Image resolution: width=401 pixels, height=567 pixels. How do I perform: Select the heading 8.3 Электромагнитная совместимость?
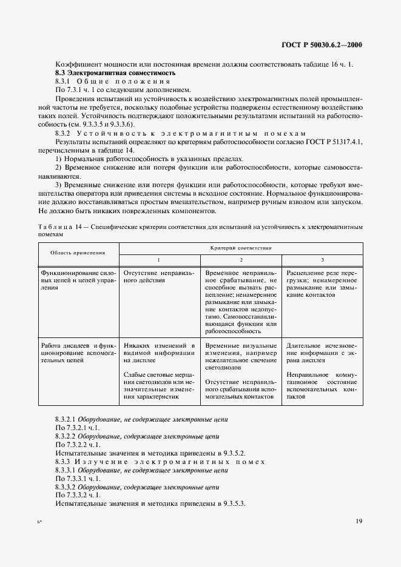point(115,73)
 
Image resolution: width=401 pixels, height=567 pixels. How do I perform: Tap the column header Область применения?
point(78,253)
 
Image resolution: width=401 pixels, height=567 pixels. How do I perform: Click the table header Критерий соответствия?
point(241,248)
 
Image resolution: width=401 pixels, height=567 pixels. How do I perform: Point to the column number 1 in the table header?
point(158,259)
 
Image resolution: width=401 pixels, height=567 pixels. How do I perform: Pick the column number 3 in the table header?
point(322,259)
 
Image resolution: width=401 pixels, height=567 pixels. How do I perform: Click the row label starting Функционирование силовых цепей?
point(78,280)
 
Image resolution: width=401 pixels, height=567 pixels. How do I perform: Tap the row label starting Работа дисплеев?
point(78,352)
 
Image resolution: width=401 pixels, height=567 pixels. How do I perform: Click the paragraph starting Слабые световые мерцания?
point(159,386)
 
